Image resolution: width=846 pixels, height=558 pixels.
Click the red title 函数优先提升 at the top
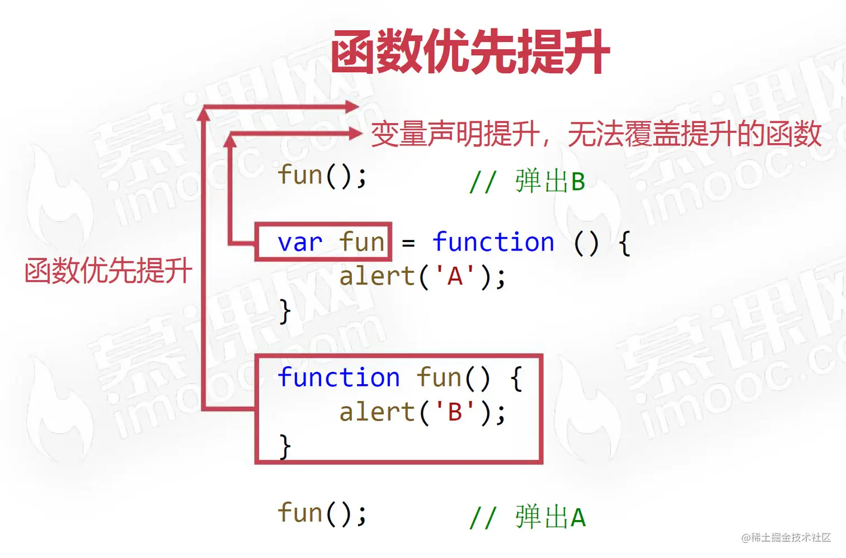click(x=470, y=53)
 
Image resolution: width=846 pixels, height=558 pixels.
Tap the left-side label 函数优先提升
click(x=109, y=271)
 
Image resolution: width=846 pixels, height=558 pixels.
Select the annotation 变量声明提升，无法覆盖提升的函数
click(x=596, y=134)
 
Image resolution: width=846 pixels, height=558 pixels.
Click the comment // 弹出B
click(x=527, y=182)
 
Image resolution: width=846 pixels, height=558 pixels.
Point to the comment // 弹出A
click(x=527, y=517)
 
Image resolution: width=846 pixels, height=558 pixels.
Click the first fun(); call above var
click(x=322, y=176)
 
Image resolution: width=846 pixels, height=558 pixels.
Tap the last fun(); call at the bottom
click(x=322, y=513)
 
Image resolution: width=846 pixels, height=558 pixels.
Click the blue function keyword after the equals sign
click(x=493, y=243)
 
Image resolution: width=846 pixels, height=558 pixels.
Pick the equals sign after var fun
click(x=408, y=244)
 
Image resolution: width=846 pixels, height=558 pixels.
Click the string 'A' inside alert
click(x=454, y=276)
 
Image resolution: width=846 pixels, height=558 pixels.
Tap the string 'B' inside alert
click(x=454, y=413)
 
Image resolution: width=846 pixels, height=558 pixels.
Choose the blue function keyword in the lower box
click(x=339, y=378)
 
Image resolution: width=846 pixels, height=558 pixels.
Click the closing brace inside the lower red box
click(x=285, y=446)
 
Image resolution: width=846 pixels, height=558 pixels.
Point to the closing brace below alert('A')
click(x=285, y=311)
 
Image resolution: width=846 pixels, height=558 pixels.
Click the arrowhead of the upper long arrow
click(x=352, y=106)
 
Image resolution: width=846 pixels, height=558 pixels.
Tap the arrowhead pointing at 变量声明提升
click(x=355, y=133)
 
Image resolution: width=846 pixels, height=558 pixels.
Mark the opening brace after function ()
click(x=624, y=244)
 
